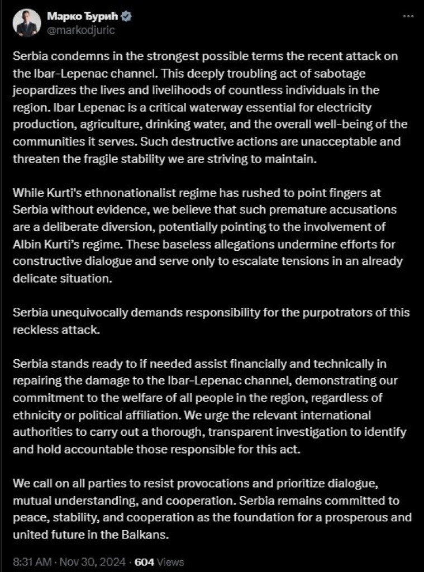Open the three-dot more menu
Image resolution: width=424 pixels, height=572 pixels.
click(x=408, y=17)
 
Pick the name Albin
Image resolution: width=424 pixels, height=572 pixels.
click(x=27, y=240)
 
